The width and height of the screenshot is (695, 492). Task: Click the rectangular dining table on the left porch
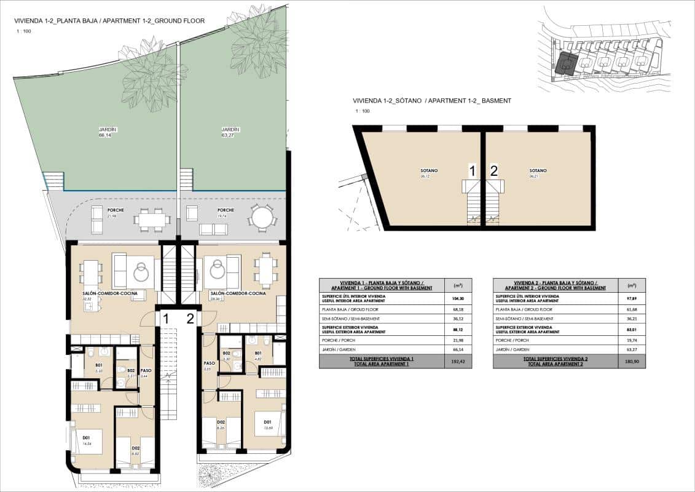[152, 219]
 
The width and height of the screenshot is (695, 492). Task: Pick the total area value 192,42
[458, 362]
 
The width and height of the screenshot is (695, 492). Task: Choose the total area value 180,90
[632, 362]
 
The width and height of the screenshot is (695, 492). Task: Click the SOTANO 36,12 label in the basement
[423, 173]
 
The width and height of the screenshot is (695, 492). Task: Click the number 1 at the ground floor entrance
[166, 318]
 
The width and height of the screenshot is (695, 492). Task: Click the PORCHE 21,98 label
[112, 213]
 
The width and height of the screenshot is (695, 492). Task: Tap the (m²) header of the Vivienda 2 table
[632, 285]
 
